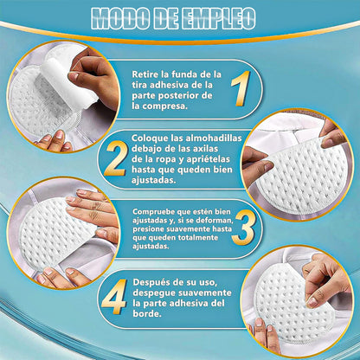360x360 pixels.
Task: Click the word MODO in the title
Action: (x=119, y=18)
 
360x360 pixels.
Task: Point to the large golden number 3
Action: (x=243, y=228)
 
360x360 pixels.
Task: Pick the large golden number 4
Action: (x=114, y=297)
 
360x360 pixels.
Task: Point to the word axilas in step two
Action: (x=205, y=149)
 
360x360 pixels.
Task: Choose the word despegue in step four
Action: (x=154, y=293)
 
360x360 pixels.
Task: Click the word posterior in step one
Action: (x=179, y=96)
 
